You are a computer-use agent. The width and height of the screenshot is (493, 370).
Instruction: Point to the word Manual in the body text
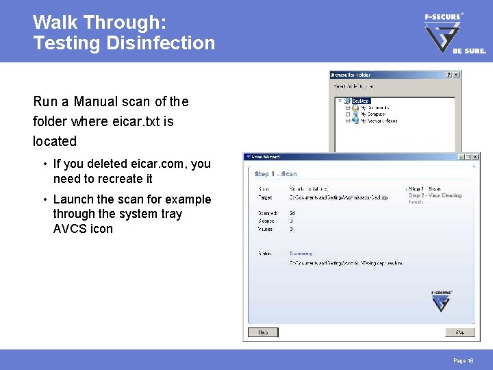(97, 101)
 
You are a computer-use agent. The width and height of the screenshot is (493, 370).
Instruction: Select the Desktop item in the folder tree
(360, 101)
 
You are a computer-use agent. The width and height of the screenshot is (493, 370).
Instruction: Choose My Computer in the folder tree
(374, 114)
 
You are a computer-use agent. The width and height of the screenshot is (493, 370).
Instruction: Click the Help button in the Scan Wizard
(262, 332)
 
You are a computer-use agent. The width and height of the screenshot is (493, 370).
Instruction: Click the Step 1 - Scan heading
(276, 174)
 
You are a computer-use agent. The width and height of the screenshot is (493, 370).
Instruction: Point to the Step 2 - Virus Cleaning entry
(435, 195)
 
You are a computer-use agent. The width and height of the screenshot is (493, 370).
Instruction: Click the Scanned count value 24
(292, 213)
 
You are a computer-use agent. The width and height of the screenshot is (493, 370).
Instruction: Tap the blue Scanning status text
(301, 254)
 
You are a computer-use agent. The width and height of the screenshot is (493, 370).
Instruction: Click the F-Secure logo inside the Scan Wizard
(442, 301)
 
